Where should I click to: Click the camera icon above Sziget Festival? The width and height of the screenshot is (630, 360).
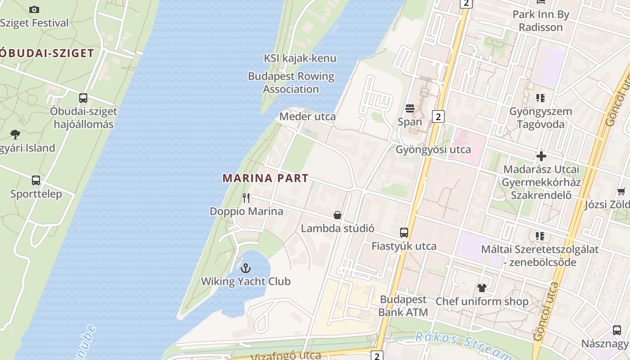pyautogui.click(x=34, y=9)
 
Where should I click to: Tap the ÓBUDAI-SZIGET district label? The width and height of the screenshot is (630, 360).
pyautogui.click(x=46, y=53)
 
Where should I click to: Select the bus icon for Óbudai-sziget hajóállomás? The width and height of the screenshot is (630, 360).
pyautogui.click(x=83, y=98)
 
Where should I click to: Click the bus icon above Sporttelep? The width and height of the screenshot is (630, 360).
pyautogui.click(x=36, y=180)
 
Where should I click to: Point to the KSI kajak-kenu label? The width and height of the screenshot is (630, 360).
pyautogui.click(x=300, y=58)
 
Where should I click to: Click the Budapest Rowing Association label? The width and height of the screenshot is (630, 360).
pyautogui.click(x=291, y=83)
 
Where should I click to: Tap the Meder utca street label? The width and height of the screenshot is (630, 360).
pyautogui.click(x=307, y=117)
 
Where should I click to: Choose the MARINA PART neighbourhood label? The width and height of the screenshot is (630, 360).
pyautogui.click(x=265, y=178)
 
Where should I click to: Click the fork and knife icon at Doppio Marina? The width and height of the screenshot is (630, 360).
pyautogui.click(x=246, y=198)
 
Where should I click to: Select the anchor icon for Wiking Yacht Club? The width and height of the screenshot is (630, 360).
pyautogui.click(x=246, y=268)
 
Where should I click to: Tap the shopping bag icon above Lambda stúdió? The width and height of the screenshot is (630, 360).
pyautogui.click(x=337, y=215)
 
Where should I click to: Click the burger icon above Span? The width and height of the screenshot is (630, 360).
pyautogui.click(x=409, y=108)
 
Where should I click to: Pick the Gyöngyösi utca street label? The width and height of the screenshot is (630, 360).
pyautogui.click(x=433, y=149)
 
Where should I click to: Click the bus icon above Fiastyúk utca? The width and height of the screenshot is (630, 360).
pyautogui.click(x=404, y=233)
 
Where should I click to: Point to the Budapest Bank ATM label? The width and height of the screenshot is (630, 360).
pyautogui.click(x=403, y=306)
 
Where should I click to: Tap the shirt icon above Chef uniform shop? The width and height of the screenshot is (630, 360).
pyautogui.click(x=481, y=288)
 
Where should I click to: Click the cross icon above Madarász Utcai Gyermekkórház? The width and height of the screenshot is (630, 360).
pyautogui.click(x=541, y=156)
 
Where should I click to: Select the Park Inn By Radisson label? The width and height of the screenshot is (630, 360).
pyautogui.click(x=540, y=21)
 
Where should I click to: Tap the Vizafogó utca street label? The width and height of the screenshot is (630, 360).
pyautogui.click(x=286, y=355)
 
